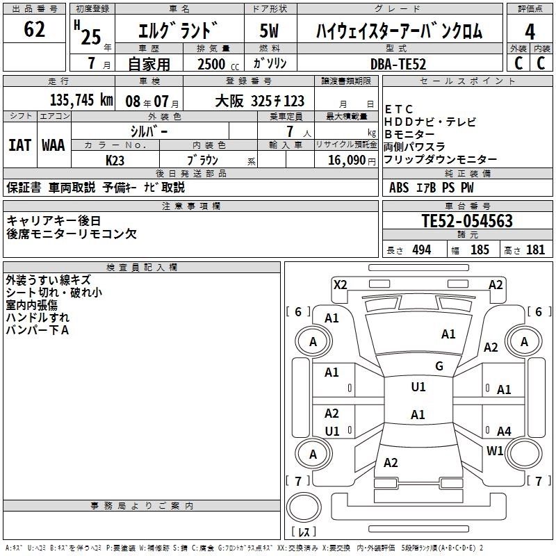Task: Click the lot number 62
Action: [x=34, y=29]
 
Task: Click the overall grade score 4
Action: [x=530, y=32]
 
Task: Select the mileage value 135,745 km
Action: [x=81, y=100]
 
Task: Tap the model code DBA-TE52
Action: [x=398, y=64]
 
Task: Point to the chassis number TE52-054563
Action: [x=467, y=220]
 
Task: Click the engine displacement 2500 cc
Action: [x=218, y=64]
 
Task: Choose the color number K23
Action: [x=115, y=161]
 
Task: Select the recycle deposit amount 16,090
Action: [x=346, y=160]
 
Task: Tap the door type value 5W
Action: [x=269, y=31]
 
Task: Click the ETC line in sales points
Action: [x=398, y=109]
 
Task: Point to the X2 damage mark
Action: [x=340, y=285]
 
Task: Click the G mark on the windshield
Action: [x=439, y=366]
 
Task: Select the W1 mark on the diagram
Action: [x=495, y=450]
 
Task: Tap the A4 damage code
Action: [x=504, y=431]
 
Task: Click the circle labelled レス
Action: [x=304, y=507]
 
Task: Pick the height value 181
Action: [x=535, y=250]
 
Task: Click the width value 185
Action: [x=480, y=250]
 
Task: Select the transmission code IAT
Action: [x=20, y=145]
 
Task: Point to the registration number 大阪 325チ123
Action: [x=259, y=101]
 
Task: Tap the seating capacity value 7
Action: [x=290, y=131]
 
